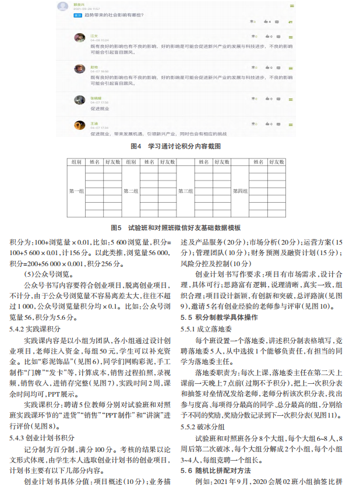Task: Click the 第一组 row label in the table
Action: point(77,190)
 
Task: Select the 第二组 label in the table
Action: point(130,190)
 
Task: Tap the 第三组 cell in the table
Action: point(186,190)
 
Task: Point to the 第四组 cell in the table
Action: point(240,190)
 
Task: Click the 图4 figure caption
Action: point(179,146)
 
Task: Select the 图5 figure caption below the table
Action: point(179,228)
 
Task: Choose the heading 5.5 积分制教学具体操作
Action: point(218,317)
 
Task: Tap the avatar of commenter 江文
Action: point(80,37)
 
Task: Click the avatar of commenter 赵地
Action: point(80,69)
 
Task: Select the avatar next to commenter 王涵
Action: point(80,124)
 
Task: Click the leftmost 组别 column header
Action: point(77,161)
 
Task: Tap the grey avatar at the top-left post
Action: point(63,6)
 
